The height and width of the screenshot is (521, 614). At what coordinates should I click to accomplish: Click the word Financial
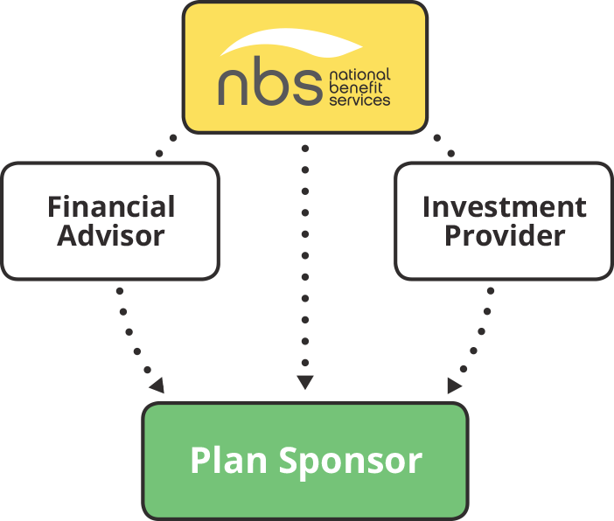point(111,207)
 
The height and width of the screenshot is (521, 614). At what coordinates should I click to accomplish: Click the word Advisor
point(111,235)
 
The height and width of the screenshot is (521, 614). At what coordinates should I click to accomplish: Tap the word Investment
point(504,207)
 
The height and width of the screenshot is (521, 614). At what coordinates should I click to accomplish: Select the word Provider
point(504,235)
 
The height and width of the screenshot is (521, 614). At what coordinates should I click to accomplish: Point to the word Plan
point(228,460)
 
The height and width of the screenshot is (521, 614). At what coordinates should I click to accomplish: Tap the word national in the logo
point(359,75)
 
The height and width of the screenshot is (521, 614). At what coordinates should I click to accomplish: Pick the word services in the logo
point(359,100)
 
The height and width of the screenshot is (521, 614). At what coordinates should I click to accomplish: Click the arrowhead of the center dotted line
point(304,382)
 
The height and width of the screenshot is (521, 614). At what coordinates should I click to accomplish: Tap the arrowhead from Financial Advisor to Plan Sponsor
point(157,386)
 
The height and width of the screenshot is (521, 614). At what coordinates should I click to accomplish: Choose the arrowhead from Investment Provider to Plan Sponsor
point(454,386)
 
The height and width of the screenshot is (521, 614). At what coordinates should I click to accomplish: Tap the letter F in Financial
point(55,207)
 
